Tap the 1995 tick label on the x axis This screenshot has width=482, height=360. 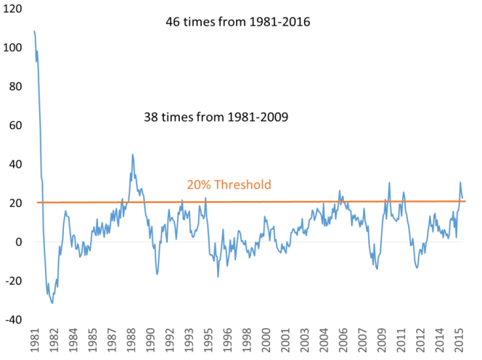pyautogui.click(x=208, y=341)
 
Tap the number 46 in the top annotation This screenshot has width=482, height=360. pyautogui.click(x=173, y=22)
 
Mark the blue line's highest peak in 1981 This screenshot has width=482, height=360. pyautogui.click(x=34, y=31)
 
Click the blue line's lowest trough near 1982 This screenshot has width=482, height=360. pyautogui.click(x=52, y=303)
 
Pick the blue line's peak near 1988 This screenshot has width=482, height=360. pyautogui.click(x=132, y=154)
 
